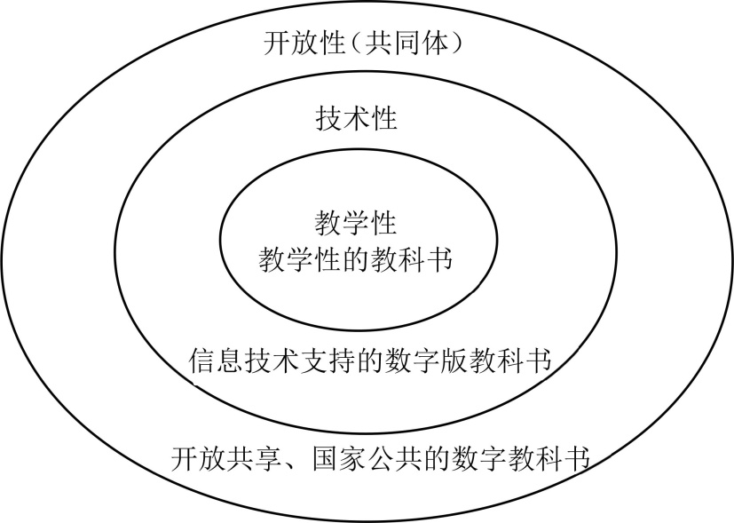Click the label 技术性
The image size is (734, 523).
point(357,118)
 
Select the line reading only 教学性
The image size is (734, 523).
point(356,223)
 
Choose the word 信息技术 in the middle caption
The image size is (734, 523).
point(244,362)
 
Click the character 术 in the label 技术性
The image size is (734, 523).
point(357,118)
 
